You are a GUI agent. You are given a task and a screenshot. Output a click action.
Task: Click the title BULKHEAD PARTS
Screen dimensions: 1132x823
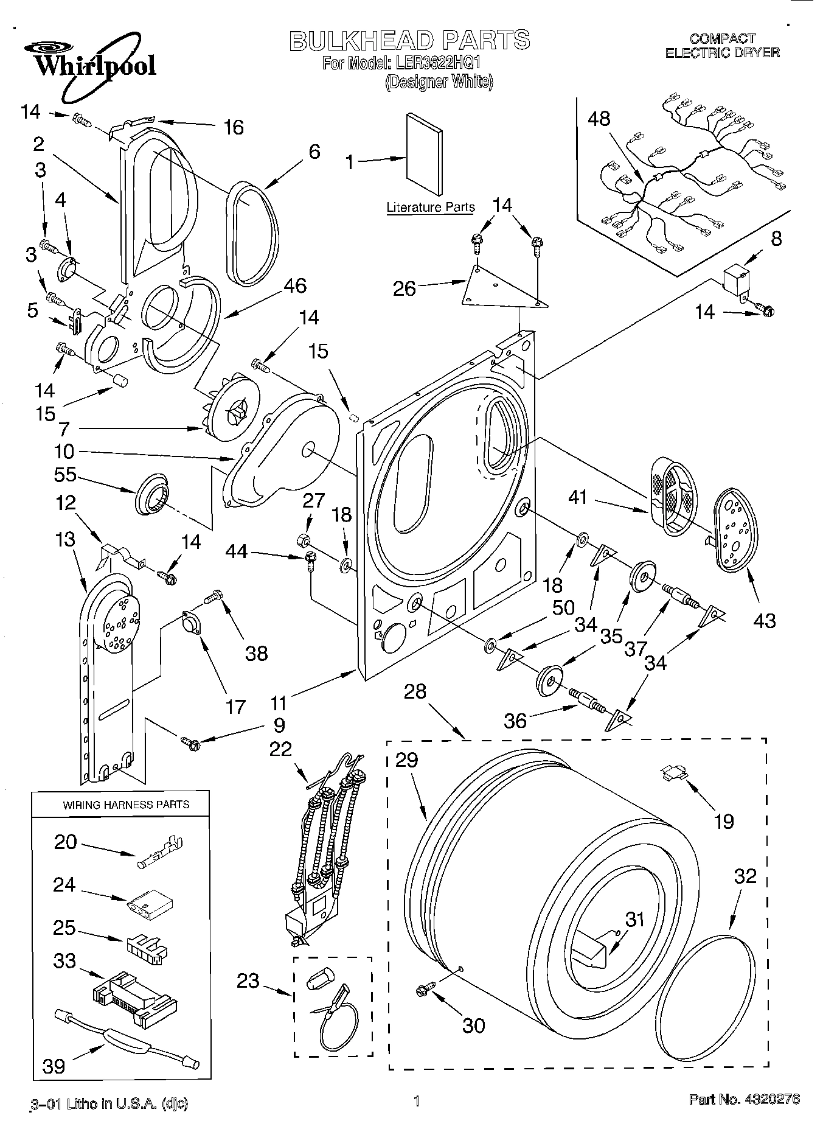click(409, 40)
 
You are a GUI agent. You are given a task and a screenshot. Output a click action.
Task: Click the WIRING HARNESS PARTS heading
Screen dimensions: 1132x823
click(126, 805)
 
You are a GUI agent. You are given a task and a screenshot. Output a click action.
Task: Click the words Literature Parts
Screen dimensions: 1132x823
click(430, 208)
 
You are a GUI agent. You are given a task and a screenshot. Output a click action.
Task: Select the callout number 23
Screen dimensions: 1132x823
click(249, 980)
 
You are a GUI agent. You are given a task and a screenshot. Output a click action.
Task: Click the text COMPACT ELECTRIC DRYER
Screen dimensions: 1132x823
click(722, 46)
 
